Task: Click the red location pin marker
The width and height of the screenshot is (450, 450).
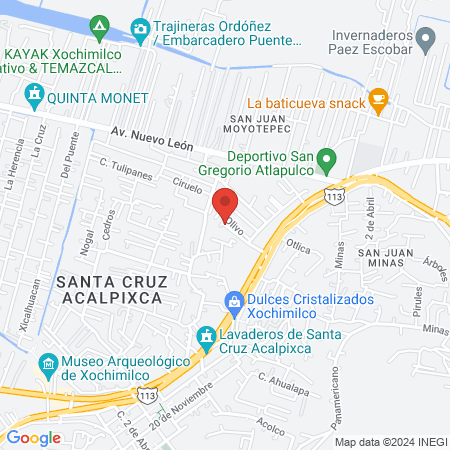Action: point(225,203)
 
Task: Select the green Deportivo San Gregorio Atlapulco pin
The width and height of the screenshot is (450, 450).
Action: point(326,160)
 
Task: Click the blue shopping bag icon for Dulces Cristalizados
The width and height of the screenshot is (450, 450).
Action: point(233,299)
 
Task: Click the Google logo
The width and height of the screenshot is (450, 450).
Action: point(34,437)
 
